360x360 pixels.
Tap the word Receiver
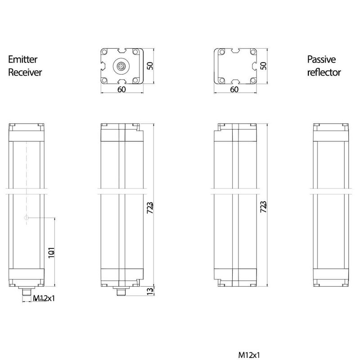pos(25,72)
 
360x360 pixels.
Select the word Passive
pos(322,59)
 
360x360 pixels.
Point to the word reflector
pos(324,72)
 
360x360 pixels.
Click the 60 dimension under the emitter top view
pos(121,90)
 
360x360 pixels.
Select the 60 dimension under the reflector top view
pos(234,90)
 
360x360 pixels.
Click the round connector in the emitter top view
pos(121,66)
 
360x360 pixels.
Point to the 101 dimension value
pos(52,252)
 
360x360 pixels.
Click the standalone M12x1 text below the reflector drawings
pos(249,355)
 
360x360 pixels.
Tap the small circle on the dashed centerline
pos(27,218)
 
